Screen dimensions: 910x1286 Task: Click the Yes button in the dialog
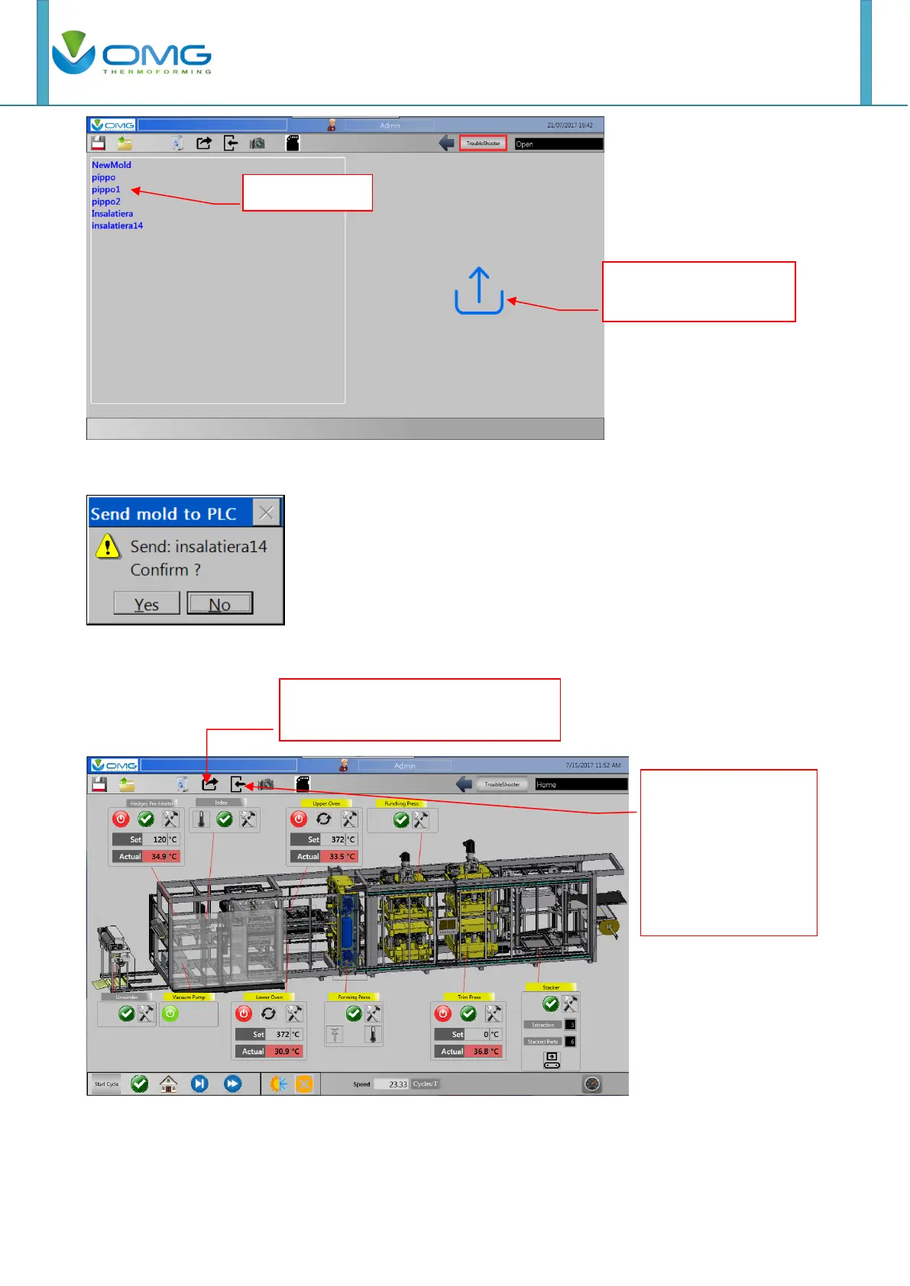coord(147,604)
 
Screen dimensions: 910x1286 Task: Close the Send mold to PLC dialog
coord(266,513)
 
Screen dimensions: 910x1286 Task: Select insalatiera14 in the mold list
coord(117,226)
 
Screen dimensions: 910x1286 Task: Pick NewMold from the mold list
coord(112,165)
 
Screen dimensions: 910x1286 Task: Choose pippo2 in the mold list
coord(106,202)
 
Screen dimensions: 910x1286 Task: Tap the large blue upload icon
coord(479,291)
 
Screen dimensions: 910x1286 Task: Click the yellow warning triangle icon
coord(108,546)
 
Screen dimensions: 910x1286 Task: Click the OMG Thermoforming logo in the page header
coord(132,53)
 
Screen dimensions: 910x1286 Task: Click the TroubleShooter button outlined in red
coord(483,144)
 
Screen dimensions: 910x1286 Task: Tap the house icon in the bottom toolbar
coord(168,1084)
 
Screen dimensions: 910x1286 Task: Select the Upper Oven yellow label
coord(326,803)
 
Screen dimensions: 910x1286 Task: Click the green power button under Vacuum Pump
coord(170,1013)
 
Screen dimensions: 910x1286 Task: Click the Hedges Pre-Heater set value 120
coord(159,839)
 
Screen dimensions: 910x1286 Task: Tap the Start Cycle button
coord(107,1084)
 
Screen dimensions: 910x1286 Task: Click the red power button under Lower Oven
coord(244,1013)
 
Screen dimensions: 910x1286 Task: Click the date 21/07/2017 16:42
coord(569,125)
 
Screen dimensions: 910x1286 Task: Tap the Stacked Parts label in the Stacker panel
coord(542,1042)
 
